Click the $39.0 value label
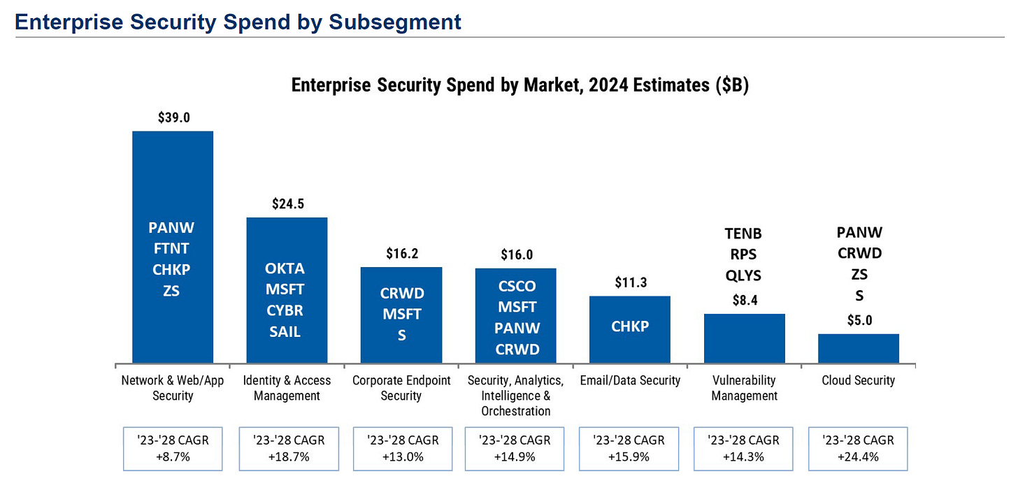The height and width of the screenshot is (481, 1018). [173, 117]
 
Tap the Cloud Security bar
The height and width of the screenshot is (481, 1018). [859, 348]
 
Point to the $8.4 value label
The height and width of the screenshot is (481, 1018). [745, 301]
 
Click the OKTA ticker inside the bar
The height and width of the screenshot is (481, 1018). [285, 268]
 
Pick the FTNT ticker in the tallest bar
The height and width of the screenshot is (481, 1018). [171, 248]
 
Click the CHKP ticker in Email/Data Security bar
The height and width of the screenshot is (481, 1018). [630, 326]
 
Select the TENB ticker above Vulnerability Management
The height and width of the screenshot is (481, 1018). [743, 234]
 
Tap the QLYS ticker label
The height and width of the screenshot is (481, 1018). [743, 275]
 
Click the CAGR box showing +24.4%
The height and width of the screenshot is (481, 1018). [859, 448]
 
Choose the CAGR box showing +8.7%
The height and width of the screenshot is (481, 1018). [173, 448]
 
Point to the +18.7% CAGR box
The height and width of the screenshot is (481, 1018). [287, 448]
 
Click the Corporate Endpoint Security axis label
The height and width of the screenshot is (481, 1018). [401, 388]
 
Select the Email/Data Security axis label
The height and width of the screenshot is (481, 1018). [630, 380]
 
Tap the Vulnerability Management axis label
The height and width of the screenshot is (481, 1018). [744, 388]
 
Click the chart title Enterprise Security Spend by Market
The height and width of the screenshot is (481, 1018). [520, 85]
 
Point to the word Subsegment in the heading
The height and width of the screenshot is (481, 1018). [396, 22]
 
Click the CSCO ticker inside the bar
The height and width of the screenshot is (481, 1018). [517, 286]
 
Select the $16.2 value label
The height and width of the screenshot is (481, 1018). [402, 254]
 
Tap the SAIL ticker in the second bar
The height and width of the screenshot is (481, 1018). [285, 331]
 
